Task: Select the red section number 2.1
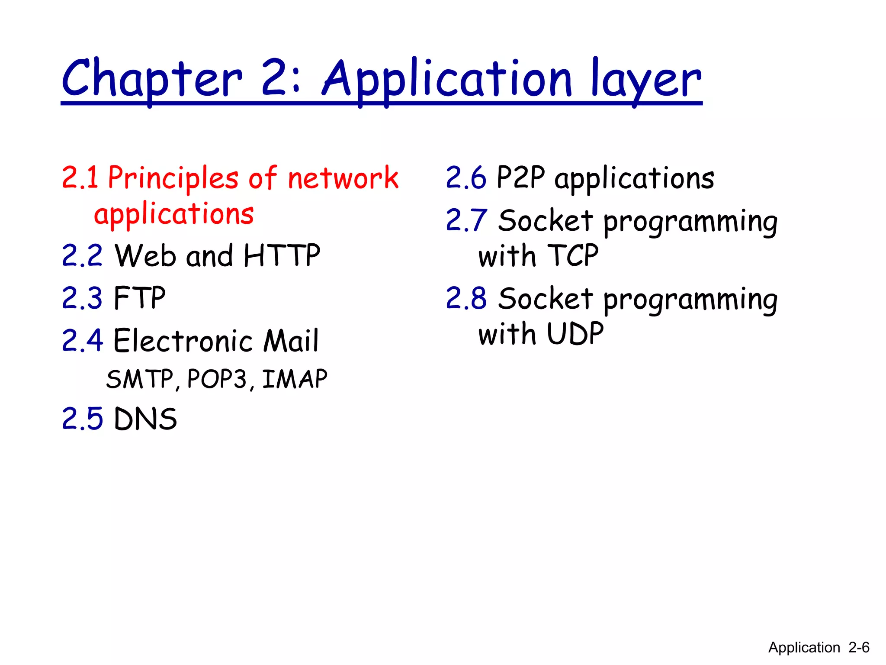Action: [80, 178]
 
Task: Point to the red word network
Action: [343, 178]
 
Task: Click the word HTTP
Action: [282, 255]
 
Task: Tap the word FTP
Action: [139, 298]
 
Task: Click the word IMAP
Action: [295, 379]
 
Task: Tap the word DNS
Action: [145, 419]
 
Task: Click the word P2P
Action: [520, 178]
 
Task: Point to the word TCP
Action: [573, 255]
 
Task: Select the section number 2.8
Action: [466, 299]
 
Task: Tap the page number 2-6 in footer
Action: [859, 648]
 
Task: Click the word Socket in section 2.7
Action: [545, 221]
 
